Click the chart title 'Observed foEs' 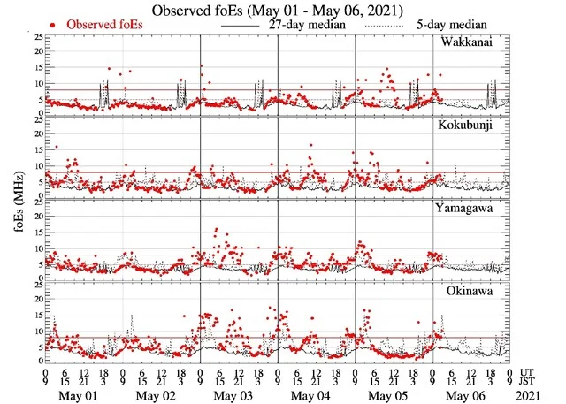[x=283, y=10]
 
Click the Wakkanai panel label [x=477, y=43]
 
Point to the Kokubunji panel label [x=474, y=126]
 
